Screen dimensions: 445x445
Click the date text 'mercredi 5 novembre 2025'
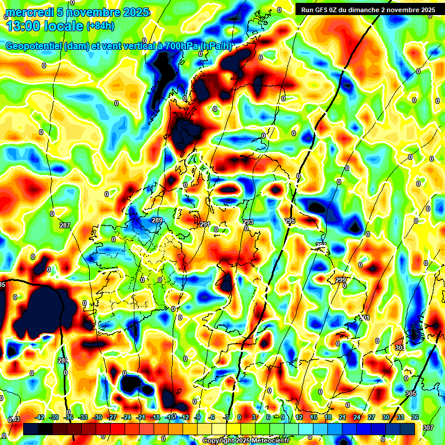76,12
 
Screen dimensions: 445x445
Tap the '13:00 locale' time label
45,26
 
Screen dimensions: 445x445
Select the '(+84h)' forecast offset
100,26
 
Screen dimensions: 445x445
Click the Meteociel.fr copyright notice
246,440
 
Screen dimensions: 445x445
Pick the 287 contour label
64,225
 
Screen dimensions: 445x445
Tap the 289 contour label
157,221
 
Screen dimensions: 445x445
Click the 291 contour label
205,224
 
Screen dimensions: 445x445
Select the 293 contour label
248,222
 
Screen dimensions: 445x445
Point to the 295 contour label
290,221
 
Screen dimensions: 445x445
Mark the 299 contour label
341,280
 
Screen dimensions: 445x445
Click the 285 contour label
63,361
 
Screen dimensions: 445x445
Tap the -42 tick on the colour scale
39,417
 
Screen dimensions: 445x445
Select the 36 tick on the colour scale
414,417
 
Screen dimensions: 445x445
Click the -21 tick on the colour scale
141,417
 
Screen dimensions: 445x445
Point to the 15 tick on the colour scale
313,417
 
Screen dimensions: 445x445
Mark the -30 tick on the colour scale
97,417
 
